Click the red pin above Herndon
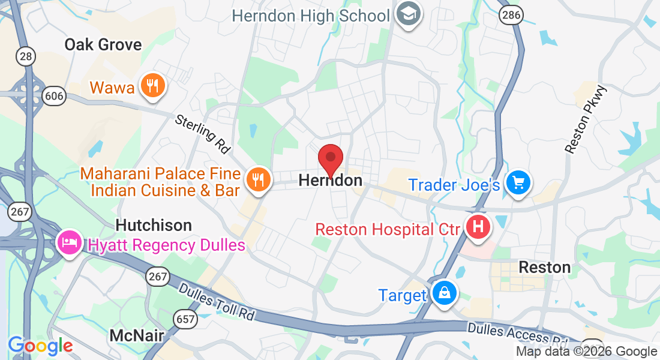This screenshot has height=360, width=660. point(330,160)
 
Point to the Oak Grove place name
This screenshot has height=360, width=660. point(103,44)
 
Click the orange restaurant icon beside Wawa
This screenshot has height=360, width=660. point(152,86)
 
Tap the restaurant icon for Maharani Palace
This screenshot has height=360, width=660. point(259,179)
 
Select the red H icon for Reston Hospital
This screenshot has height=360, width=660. point(478,227)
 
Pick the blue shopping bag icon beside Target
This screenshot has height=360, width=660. point(444,293)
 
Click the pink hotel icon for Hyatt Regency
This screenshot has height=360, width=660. point(69,243)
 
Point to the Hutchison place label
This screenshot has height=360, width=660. point(154,225)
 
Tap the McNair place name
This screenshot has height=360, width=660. point(137,335)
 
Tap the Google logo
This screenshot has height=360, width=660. point(40,346)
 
